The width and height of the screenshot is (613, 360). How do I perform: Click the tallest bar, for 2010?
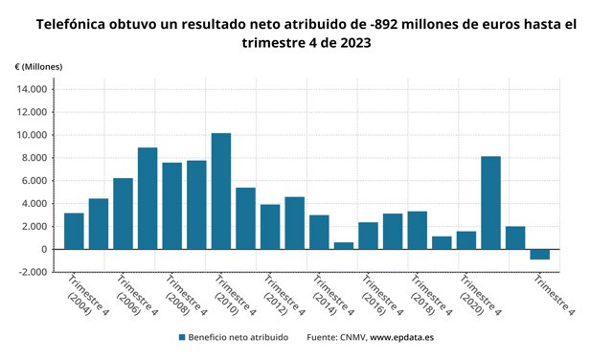tap(221, 191)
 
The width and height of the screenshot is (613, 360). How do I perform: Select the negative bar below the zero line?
tap(540, 255)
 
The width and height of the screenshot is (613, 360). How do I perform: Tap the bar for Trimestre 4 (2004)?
tap(74, 231)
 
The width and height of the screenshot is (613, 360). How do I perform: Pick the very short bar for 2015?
tap(344, 246)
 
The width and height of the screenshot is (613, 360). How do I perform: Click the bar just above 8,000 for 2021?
tap(490, 203)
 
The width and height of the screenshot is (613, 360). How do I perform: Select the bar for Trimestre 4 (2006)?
tap(124, 214)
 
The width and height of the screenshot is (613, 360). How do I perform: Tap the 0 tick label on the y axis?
tap(44, 249)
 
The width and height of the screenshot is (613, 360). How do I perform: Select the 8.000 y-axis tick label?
tap(34, 158)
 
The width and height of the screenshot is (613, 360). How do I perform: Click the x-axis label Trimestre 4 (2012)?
tap(284, 295)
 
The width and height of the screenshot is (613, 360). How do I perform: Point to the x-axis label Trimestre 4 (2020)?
tap(481, 295)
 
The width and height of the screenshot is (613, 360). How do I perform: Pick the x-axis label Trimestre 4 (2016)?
tap(382, 295)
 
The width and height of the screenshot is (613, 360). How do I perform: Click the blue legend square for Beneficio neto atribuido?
tap(182, 337)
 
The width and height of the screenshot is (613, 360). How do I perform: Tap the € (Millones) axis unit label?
tap(38, 67)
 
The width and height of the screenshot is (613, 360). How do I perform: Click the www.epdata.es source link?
tap(402, 337)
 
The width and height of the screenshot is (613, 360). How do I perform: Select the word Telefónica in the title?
tap(71, 24)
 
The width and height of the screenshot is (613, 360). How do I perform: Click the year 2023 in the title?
tap(355, 42)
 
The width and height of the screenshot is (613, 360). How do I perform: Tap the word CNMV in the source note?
tap(353, 337)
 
